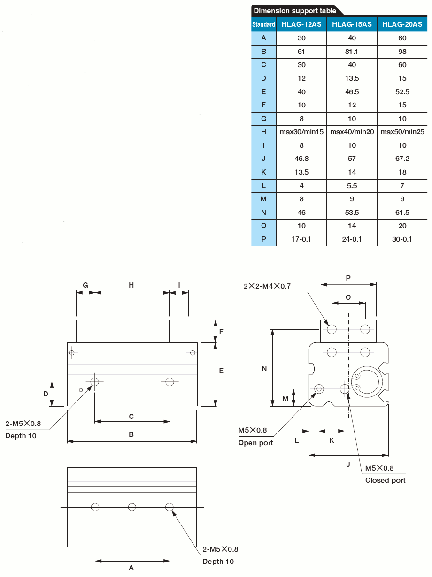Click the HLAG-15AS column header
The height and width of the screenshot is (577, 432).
[352, 24]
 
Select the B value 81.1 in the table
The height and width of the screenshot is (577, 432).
[352, 51]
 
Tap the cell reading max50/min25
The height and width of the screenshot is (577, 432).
[402, 132]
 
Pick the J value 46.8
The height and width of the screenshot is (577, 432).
[301, 159]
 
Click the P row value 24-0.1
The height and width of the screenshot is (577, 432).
[352, 239]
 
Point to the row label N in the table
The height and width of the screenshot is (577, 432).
[263, 213]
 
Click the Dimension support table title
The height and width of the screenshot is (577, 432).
[295, 10]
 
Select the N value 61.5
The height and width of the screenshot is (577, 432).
[402, 213]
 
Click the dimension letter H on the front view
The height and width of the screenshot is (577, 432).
[131, 285]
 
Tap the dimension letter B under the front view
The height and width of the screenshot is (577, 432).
[131, 434]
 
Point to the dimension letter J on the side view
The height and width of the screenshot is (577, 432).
[348, 464]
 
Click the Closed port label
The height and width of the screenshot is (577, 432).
[385, 480]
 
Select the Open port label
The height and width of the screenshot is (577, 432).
[255, 443]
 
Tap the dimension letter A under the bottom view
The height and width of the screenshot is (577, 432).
[131, 568]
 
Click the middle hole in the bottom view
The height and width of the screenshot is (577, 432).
[132, 507]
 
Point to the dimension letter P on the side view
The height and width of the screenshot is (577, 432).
[348, 278]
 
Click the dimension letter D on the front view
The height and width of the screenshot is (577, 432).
[46, 394]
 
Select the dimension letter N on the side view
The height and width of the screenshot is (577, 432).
[264, 369]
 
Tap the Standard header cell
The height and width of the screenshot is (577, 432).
[263, 24]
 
